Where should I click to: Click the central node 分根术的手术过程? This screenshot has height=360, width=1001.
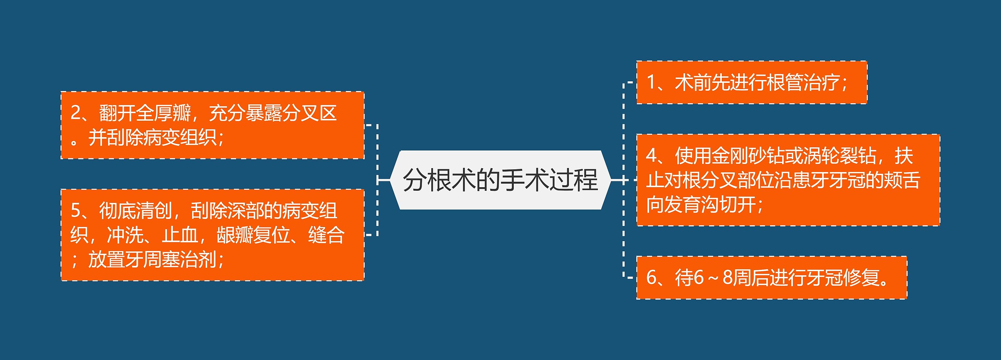[x=500, y=180]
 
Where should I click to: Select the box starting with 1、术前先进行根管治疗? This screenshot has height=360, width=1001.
[x=752, y=82]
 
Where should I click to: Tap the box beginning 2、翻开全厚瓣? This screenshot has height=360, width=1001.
[x=212, y=125]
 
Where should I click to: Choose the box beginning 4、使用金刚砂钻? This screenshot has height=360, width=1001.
[x=788, y=180]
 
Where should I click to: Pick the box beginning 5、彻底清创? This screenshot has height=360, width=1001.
[x=212, y=235]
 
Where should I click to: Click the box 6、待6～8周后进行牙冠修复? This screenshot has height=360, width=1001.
[x=771, y=278]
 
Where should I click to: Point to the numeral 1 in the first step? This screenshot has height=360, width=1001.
[x=651, y=82]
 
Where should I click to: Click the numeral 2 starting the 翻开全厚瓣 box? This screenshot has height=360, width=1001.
[x=75, y=113]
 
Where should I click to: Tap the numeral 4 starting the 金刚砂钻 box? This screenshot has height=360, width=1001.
[x=651, y=156]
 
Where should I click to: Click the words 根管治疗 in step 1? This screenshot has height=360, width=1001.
[x=803, y=82]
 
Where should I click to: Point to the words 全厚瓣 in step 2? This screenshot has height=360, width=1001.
[x=163, y=113]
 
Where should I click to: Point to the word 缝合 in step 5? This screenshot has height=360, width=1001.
[x=326, y=235]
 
